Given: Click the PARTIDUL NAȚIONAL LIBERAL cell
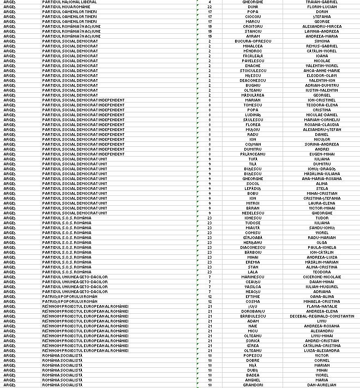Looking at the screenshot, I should pos(69,2).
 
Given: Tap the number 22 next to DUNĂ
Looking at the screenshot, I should pos(209,7).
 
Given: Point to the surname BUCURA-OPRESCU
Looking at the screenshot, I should pos(253,41).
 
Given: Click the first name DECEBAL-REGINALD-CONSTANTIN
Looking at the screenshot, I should pos(322,316).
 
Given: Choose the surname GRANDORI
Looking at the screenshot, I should pos(253,385).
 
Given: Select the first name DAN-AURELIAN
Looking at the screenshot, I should pos(322,385).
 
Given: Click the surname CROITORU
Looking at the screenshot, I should pos(253,26).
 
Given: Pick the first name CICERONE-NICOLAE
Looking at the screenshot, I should pos(322,277).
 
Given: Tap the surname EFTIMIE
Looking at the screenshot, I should pos(253,296).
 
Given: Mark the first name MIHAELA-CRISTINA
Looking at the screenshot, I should pos(322,301).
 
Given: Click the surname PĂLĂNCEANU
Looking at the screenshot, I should pos(253,154).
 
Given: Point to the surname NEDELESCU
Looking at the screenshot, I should pos(253,213).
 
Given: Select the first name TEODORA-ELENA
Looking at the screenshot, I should pos(322,105).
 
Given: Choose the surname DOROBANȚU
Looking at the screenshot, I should pos(253,311).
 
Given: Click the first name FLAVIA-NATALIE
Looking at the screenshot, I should pos(322,306).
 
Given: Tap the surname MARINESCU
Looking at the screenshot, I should pos(253,277).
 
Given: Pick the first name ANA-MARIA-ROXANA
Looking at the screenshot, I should pos(322,178).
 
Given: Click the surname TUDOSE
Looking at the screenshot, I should pos(253,223).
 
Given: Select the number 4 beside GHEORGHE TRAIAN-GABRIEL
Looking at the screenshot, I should pos(209,2).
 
